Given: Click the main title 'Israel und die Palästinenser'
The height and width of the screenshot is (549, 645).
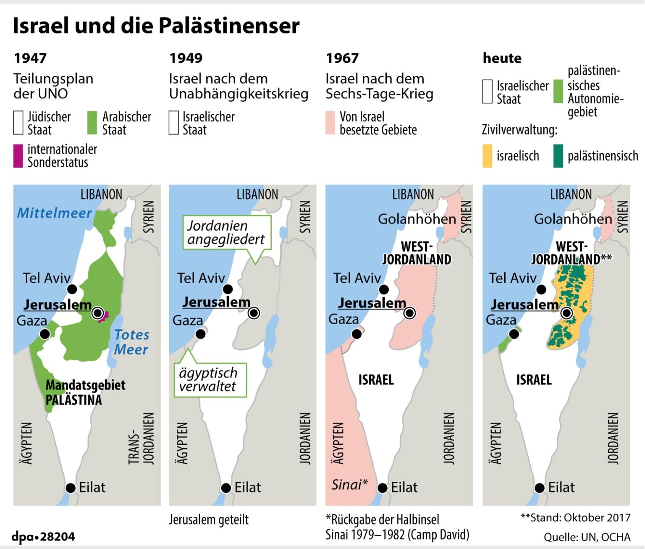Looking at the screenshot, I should [156, 26].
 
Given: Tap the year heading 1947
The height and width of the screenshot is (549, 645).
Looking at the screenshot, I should [30, 58].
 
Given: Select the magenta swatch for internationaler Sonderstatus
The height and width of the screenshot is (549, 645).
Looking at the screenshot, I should [18, 156].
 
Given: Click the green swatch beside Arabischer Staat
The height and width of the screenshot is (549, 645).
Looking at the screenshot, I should [92, 123].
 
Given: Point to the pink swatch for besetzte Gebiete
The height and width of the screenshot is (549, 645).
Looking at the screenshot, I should [330, 123].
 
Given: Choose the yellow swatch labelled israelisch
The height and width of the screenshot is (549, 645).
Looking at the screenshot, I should [487, 156].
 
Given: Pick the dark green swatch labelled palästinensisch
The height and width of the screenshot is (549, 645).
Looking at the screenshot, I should [558, 156].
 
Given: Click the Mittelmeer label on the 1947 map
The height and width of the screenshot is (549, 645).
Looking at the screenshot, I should [54, 213].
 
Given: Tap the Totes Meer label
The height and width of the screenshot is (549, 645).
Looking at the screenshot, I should [131, 342].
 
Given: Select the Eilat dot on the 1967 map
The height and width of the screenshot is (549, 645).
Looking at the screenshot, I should [382, 488].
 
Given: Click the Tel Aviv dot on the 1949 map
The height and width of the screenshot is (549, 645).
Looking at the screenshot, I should [228, 289].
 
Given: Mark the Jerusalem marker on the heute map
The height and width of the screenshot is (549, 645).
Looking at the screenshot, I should [566, 313].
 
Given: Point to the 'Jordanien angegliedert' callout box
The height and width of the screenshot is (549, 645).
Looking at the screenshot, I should [226, 232].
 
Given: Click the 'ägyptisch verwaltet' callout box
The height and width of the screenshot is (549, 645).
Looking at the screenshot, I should [210, 380].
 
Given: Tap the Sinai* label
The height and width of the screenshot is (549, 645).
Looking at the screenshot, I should [349, 485].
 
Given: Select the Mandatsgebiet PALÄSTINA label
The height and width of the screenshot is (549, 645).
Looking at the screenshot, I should [85, 392].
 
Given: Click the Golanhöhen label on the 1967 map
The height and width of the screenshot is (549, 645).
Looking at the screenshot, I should [417, 219].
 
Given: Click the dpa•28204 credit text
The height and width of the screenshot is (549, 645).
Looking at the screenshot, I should [43, 536].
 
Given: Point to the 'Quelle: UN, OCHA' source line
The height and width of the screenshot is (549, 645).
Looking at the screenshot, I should [587, 537].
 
